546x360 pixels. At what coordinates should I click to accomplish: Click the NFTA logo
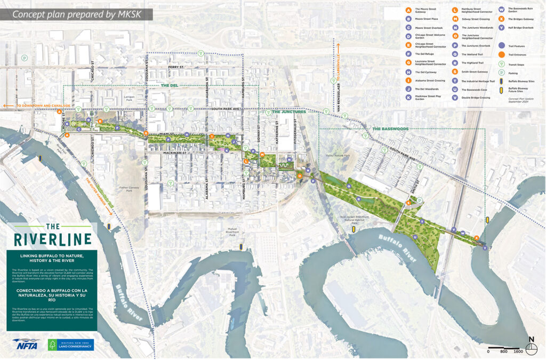coord(26,345)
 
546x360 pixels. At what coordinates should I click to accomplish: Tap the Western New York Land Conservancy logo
coord(70,345)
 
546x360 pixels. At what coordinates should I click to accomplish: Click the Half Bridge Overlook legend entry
coord(520,27)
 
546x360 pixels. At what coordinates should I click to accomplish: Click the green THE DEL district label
coord(169,85)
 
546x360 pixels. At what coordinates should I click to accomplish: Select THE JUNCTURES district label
coord(289,112)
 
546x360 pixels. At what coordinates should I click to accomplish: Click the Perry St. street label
coord(175,67)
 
